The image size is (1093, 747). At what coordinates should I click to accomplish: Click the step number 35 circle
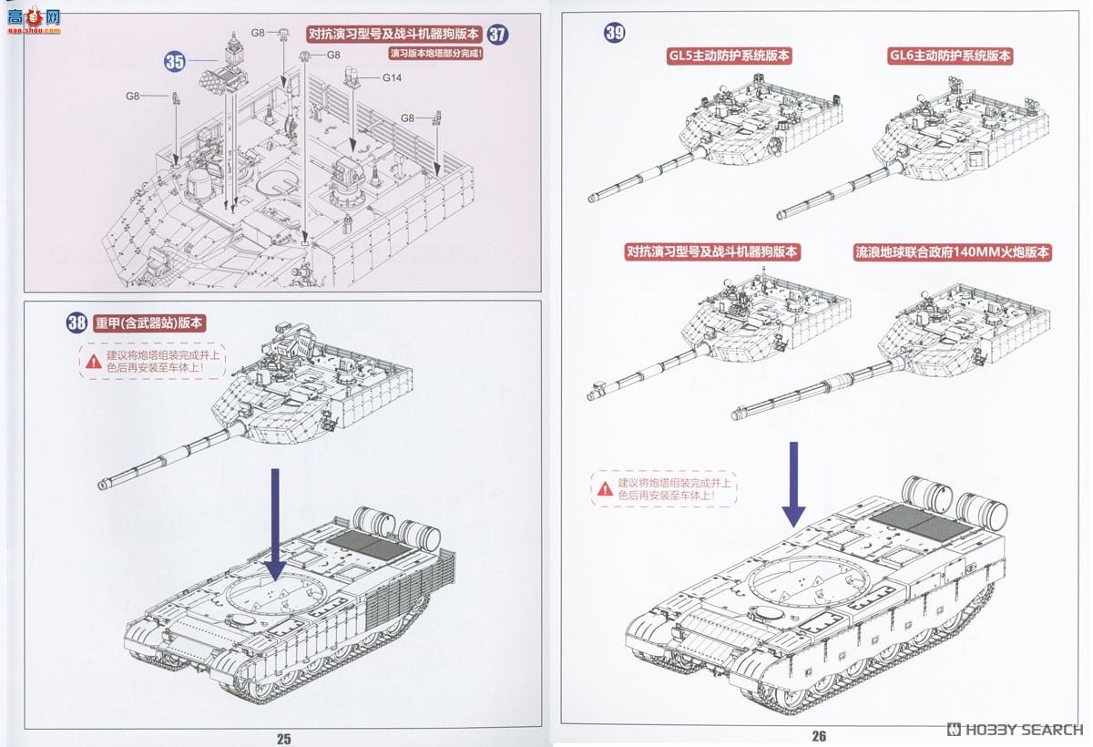tap(175, 62)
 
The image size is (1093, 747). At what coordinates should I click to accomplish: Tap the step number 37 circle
tap(497, 35)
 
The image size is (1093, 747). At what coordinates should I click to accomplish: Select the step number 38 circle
tap(77, 322)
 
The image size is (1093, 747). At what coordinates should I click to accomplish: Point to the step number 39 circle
tap(615, 33)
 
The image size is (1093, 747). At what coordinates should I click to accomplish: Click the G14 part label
tap(392, 77)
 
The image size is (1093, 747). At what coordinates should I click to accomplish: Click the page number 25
tap(283, 739)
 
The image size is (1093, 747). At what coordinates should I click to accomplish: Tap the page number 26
tap(818, 736)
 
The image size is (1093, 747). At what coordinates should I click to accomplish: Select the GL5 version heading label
tap(729, 56)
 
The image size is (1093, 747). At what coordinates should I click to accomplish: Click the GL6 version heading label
tap(950, 56)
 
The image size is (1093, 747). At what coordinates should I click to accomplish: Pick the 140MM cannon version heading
tap(952, 252)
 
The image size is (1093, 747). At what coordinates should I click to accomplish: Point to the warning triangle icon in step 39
tap(605, 489)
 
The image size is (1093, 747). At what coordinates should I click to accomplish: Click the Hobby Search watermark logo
tap(1016, 730)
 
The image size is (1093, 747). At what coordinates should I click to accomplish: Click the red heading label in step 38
tap(149, 322)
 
